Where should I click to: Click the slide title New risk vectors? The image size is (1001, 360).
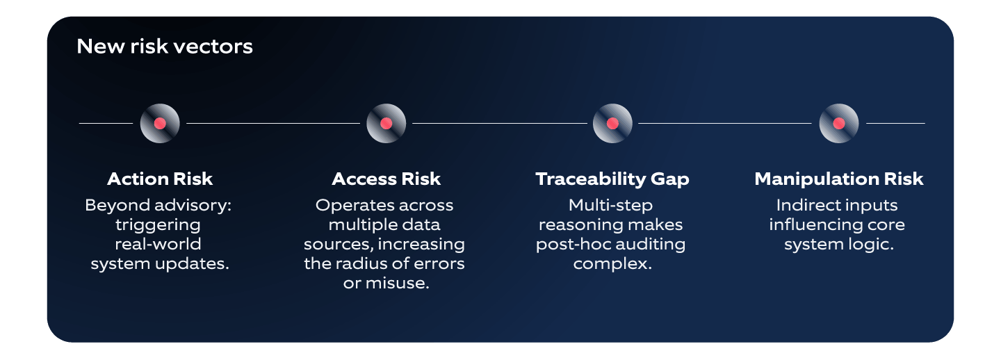point(165,47)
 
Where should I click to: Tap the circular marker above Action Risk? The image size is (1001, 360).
point(160,124)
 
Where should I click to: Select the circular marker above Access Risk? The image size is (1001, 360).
point(386,124)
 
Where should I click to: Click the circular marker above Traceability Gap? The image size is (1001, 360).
point(612,124)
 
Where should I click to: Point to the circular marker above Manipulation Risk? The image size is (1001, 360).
point(839,124)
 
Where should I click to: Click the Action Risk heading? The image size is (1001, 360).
point(160,179)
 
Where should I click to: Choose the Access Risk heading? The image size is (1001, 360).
point(386,179)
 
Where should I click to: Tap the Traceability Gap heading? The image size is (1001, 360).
point(612,179)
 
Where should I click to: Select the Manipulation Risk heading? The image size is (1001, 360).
point(839,179)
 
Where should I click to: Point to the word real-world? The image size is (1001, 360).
point(158,245)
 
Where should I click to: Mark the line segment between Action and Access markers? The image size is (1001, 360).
point(273,124)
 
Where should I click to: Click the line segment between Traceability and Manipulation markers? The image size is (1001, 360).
point(725,124)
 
